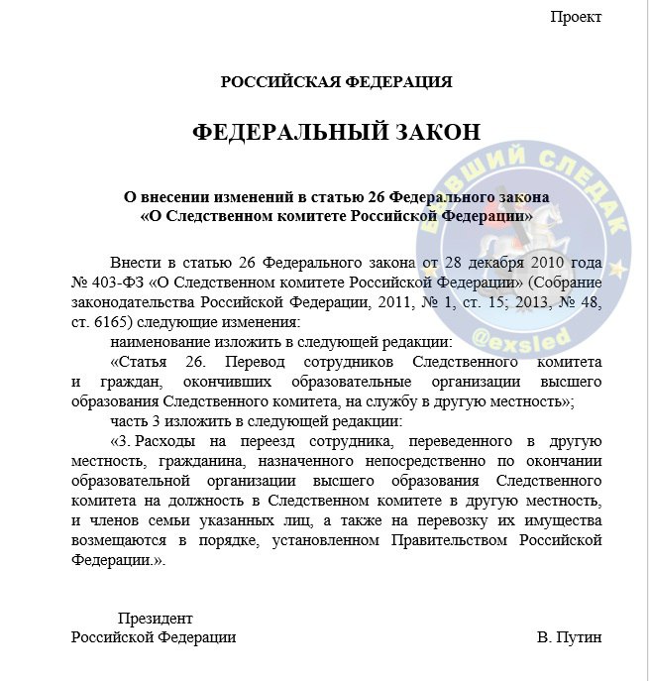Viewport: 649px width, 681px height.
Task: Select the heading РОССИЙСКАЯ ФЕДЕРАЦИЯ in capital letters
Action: click(x=337, y=81)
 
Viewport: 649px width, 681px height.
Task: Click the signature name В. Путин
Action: click(x=569, y=637)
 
